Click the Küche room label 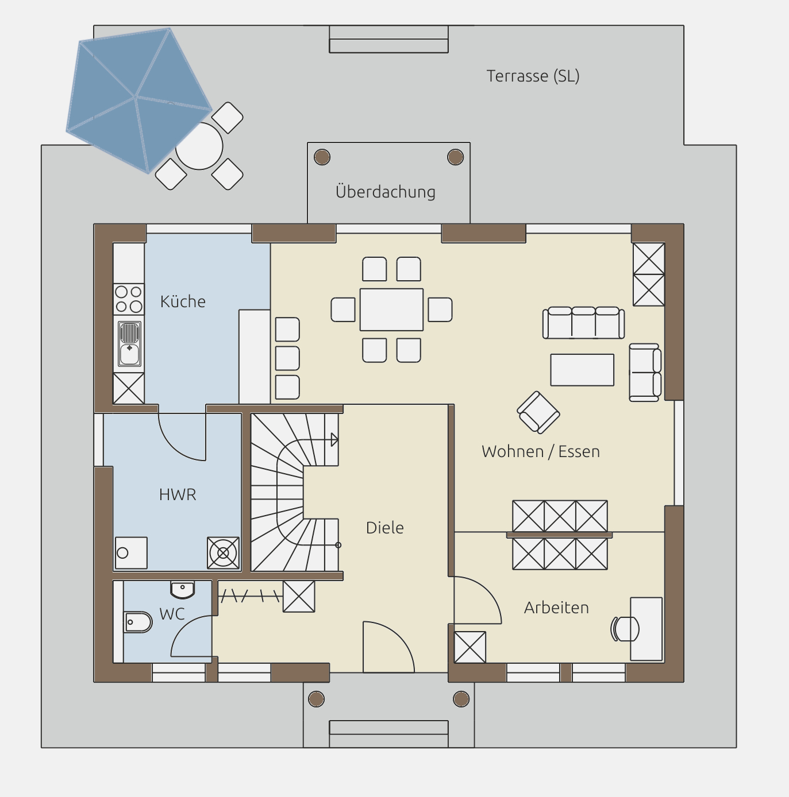click(183, 301)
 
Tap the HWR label click(178, 494)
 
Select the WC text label click(172, 614)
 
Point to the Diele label click(384, 528)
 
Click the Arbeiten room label click(556, 608)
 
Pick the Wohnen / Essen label click(541, 451)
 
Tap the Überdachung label click(386, 192)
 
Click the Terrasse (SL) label click(533, 76)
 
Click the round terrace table click(199, 146)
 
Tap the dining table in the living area click(391, 309)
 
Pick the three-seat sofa click(583, 323)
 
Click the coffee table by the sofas click(582, 370)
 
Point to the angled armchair click(538, 412)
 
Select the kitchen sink click(129, 343)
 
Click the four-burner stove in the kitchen click(129, 299)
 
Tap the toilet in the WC click(137, 622)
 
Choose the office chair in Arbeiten click(625, 629)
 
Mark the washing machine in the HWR click(223, 553)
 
